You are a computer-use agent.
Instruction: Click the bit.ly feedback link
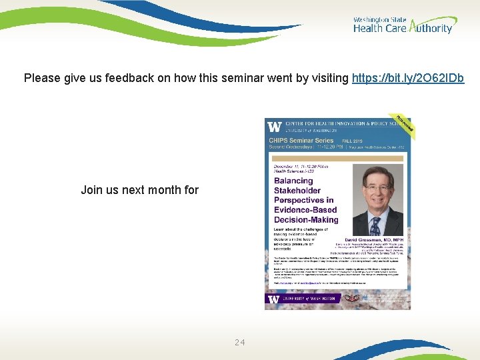408,78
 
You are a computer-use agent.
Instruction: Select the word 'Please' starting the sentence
41,78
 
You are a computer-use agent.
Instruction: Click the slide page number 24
240,343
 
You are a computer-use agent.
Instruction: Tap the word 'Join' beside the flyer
91,190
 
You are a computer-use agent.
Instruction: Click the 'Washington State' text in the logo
379,20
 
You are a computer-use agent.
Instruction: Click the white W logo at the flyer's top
274,126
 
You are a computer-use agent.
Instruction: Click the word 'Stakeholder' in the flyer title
297,191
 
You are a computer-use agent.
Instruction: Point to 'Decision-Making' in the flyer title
306,219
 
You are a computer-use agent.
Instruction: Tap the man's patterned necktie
377,221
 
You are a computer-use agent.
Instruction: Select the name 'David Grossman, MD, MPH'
374,239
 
